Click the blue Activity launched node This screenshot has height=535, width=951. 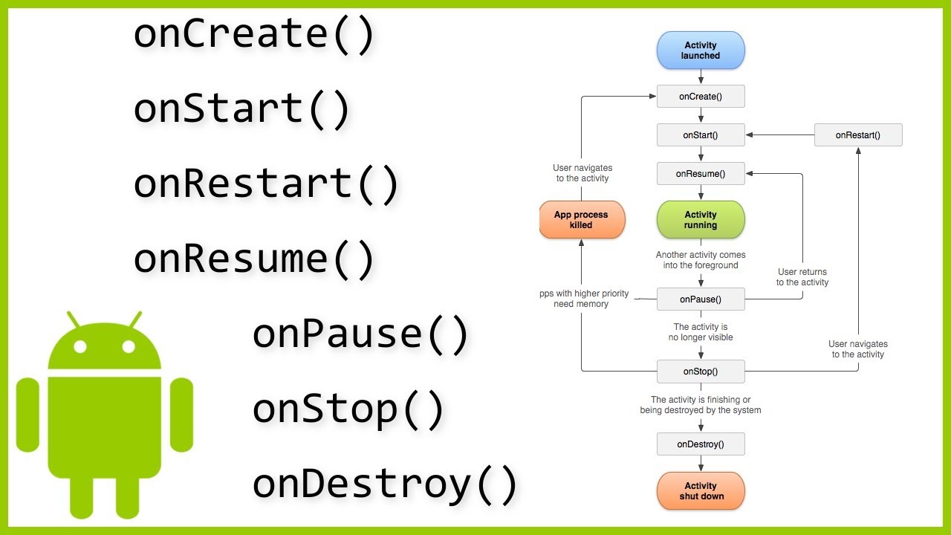(701, 51)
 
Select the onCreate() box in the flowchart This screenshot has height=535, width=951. (701, 97)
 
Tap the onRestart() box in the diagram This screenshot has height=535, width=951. (858, 135)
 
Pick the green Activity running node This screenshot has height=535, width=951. (701, 220)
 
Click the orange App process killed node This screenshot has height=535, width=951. (582, 220)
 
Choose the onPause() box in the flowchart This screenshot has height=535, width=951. (701, 299)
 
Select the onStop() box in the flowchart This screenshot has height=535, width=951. (701, 372)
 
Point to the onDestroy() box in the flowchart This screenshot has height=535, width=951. (701, 444)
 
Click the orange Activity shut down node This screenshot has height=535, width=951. (701, 491)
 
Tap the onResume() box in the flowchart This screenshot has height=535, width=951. (701, 174)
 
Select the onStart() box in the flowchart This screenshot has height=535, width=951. (701, 135)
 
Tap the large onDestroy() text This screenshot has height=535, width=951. (384, 484)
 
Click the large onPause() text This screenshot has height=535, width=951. (360, 334)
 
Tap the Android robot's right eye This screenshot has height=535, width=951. (129, 346)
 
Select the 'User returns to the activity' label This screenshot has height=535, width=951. (802, 277)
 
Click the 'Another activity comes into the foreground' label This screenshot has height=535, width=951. (701, 260)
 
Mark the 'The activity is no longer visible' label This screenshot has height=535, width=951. (701, 332)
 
